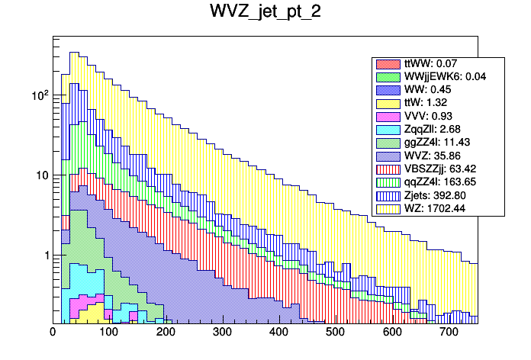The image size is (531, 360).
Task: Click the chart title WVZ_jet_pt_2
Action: (x=265, y=13)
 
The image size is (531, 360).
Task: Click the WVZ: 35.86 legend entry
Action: (x=427, y=156)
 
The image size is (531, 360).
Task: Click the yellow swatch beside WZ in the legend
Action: (x=387, y=207)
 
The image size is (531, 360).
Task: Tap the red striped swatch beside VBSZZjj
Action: (x=387, y=169)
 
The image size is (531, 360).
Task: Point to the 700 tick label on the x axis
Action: (x=449, y=333)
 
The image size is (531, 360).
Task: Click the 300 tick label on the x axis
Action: (x=223, y=333)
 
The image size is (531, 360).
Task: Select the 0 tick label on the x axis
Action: (x=53, y=333)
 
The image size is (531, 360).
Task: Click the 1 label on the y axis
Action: (x=44, y=255)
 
